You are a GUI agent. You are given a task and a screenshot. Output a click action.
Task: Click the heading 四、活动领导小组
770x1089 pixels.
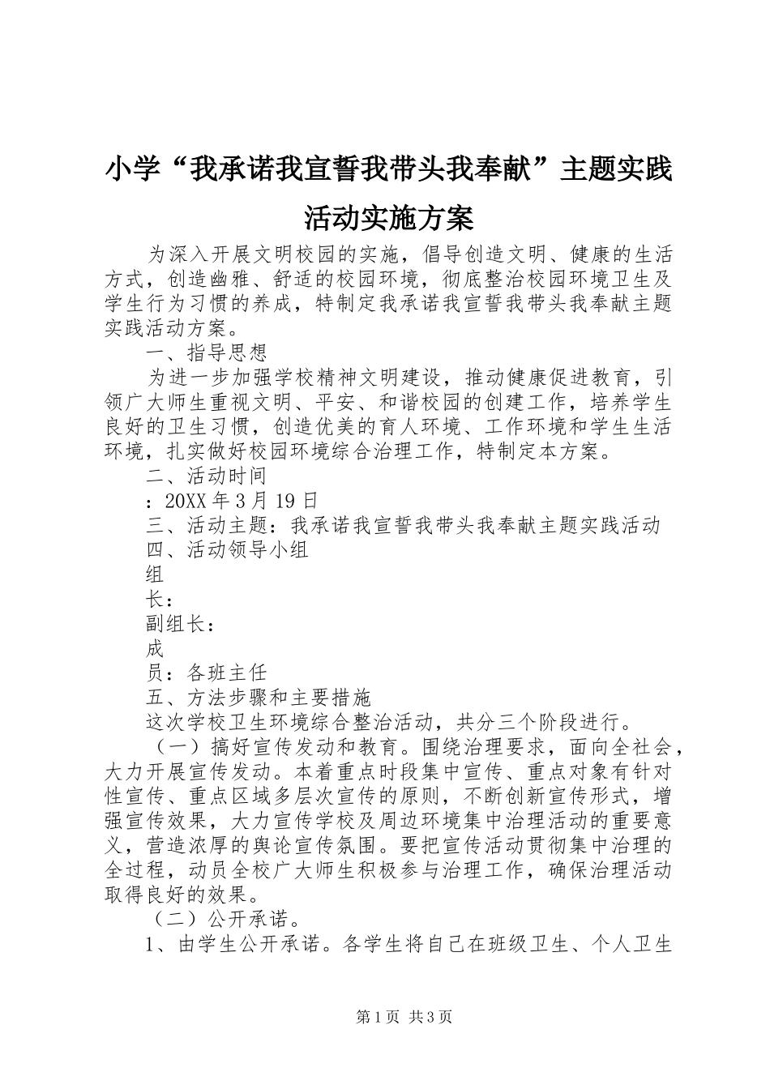pyautogui.click(x=227, y=549)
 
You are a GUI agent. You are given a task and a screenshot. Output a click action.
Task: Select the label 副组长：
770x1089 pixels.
pyautogui.click(x=181, y=624)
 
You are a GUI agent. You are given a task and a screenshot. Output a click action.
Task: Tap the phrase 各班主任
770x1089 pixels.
pyautogui.click(x=226, y=673)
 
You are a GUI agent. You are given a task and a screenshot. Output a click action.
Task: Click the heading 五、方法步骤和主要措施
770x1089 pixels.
pyautogui.click(x=258, y=697)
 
